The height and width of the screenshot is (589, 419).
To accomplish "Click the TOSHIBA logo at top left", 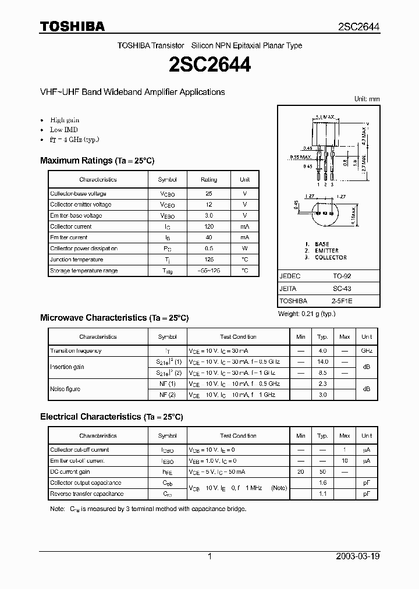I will pyautogui.click(x=72, y=26).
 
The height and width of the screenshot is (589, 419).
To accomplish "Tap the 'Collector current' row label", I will pyautogui.click(x=70, y=226).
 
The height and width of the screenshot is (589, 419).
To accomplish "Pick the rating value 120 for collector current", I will pyautogui.click(x=208, y=226).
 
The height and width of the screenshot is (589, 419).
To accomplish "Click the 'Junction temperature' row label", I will pyautogui.click(x=76, y=260).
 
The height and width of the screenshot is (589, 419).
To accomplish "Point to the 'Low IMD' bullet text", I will pyautogui.click(x=64, y=130).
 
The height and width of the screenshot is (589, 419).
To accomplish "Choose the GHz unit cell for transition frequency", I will pyautogui.click(x=367, y=351).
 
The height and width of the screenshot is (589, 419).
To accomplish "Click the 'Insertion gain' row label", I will pyautogui.click(x=67, y=367).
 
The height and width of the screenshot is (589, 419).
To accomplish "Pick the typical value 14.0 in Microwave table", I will pyautogui.click(x=322, y=362).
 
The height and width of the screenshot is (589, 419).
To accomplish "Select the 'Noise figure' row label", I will pyautogui.click(x=65, y=389).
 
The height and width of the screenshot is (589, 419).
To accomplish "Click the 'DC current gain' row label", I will pyautogui.click(x=69, y=472).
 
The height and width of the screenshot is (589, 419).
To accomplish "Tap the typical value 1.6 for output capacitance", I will pyautogui.click(x=322, y=483).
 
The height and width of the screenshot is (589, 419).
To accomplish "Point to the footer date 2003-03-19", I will pyautogui.click(x=358, y=556).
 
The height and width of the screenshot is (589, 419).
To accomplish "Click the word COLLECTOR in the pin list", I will pyautogui.click(x=331, y=257).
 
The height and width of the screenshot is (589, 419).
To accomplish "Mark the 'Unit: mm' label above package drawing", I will pyautogui.click(x=367, y=99).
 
